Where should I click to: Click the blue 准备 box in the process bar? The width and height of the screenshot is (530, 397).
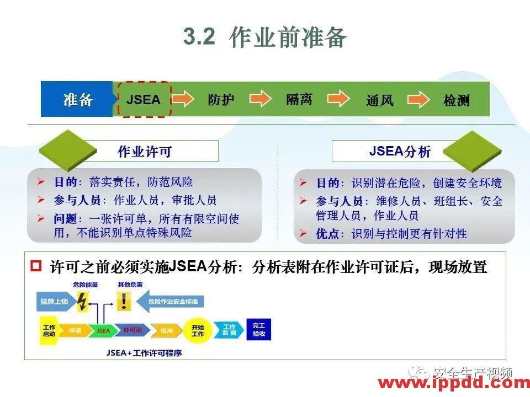(x=77, y=100)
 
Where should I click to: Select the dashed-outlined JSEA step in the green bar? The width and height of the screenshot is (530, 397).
(x=144, y=100)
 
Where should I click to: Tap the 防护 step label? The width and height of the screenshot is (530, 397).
(x=221, y=100)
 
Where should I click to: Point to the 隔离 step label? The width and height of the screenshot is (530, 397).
(x=299, y=99)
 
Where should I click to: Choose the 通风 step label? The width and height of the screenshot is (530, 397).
(x=380, y=100)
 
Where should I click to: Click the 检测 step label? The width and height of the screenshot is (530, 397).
(x=457, y=100)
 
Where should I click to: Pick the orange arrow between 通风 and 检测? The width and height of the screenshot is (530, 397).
(x=418, y=99)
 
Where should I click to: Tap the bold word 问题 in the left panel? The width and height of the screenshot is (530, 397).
(x=65, y=219)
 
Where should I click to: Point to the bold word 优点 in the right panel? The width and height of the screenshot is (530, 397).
(x=327, y=234)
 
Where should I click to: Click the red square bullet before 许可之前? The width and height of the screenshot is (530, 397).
(x=36, y=267)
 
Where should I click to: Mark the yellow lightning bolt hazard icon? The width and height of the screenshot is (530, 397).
(x=82, y=301)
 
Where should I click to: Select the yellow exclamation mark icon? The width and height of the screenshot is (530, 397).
(x=124, y=301)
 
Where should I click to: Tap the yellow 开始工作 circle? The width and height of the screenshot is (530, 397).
(x=197, y=330)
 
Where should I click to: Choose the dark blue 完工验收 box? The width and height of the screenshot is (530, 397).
(x=258, y=330)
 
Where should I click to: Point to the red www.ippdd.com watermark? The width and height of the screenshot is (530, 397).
(x=453, y=383)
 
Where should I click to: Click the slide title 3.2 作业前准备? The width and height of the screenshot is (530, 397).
(x=265, y=37)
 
